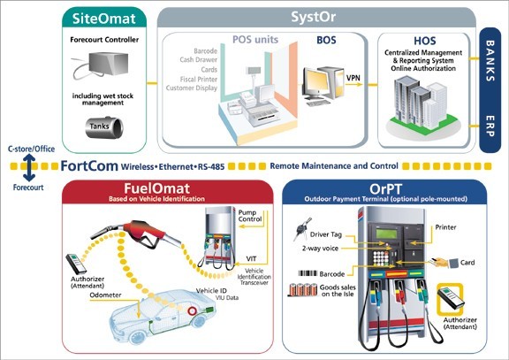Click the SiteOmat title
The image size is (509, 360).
point(104,19)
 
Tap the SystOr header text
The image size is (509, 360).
point(313,17)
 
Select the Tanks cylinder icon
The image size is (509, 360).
point(104,127)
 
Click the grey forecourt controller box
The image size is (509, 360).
point(108,64)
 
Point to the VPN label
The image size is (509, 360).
point(353,78)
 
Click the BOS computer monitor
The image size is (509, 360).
point(316,83)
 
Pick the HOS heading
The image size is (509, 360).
point(424,41)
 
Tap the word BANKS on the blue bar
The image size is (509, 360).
point(490,60)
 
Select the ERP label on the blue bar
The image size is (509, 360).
point(490,126)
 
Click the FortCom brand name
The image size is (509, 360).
point(89,166)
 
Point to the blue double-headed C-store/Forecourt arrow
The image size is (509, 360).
point(29,168)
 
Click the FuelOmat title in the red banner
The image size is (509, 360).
point(156,188)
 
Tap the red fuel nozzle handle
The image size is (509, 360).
point(146,233)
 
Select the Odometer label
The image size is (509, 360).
point(105,295)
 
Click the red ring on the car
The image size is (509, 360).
point(192,311)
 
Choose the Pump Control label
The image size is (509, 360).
point(250,216)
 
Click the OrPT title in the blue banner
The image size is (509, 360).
point(385,188)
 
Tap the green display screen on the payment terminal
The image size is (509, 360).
point(387,234)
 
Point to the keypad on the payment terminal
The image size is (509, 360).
point(381,258)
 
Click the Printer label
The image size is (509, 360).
point(445,227)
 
